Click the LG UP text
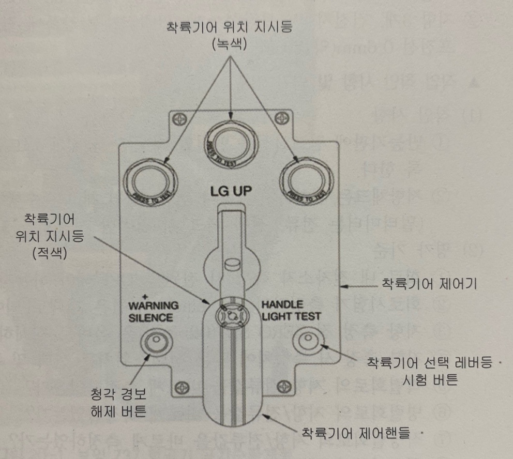click(231, 192)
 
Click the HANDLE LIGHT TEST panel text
click(291, 310)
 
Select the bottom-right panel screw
click(282, 385)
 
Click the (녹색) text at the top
click(229, 44)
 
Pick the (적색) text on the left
click(49, 254)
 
